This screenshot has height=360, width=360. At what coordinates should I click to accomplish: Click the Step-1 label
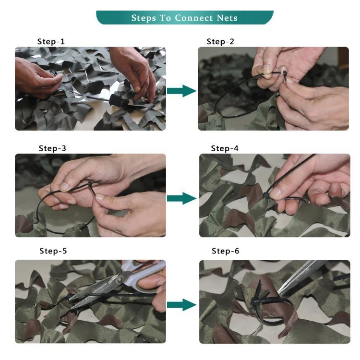[x=51, y=42]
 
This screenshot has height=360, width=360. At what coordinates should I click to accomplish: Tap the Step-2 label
[x=220, y=42]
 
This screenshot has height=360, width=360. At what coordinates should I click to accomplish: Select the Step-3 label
[x=52, y=148]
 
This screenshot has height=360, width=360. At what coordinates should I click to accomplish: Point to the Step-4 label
[x=225, y=148]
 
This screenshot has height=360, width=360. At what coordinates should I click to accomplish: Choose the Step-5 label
[x=53, y=251]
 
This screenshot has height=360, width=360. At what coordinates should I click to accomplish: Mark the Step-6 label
[x=225, y=251]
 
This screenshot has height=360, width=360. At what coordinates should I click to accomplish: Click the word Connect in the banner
[x=194, y=18]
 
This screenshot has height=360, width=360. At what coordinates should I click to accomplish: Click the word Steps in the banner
[x=144, y=18]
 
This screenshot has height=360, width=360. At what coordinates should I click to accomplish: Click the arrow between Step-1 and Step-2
[x=181, y=91]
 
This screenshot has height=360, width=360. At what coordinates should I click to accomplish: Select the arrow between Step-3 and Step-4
[x=181, y=198]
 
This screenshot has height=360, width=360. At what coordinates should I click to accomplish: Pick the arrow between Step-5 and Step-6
[x=181, y=305]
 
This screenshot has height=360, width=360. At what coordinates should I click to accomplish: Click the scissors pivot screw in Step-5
[x=120, y=280]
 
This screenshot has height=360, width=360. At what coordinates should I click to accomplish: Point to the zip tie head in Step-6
[x=255, y=301]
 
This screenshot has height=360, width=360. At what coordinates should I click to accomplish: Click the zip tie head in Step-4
[x=265, y=196]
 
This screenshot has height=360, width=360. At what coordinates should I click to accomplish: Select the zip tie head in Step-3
[x=90, y=184]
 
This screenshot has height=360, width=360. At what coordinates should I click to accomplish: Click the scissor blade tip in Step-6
[x=278, y=293]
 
